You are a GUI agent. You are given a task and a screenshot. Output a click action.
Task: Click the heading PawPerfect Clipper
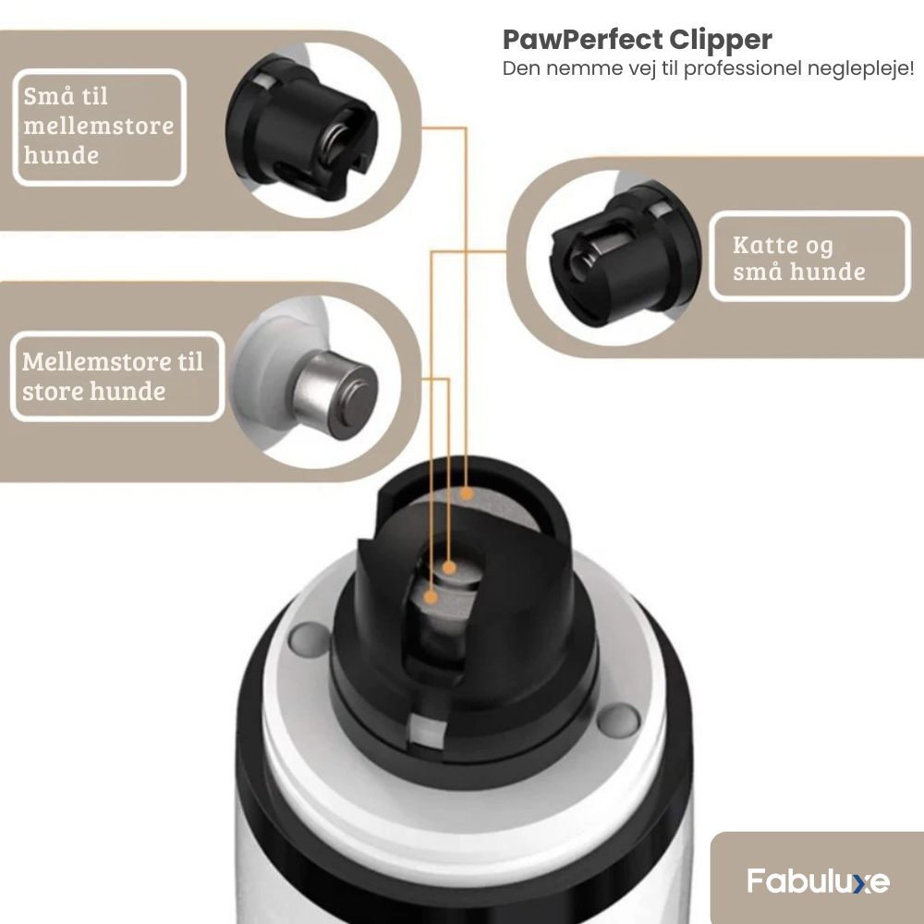[x=637, y=40]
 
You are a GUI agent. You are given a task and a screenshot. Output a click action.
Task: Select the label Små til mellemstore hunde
[x=99, y=126]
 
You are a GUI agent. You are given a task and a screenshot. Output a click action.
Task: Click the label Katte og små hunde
[x=799, y=258]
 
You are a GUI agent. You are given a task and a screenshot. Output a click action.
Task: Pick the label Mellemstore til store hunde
[x=113, y=376]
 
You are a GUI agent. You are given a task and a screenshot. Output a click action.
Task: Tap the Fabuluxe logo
[x=819, y=881]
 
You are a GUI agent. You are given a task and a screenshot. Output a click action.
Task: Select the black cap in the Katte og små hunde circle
[x=626, y=253]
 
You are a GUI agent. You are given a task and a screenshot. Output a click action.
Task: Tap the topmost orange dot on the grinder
[x=466, y=493]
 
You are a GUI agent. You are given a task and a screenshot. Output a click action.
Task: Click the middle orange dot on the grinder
[x=449, y=568]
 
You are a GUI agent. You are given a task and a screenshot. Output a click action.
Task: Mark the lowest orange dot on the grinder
[x=431, y=598]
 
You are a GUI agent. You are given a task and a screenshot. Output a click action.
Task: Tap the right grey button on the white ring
[x=618, y=720]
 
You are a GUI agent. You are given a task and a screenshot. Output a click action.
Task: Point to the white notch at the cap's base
[x=428, y=731]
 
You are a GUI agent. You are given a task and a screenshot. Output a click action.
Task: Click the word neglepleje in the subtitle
[x=857, y=68]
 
